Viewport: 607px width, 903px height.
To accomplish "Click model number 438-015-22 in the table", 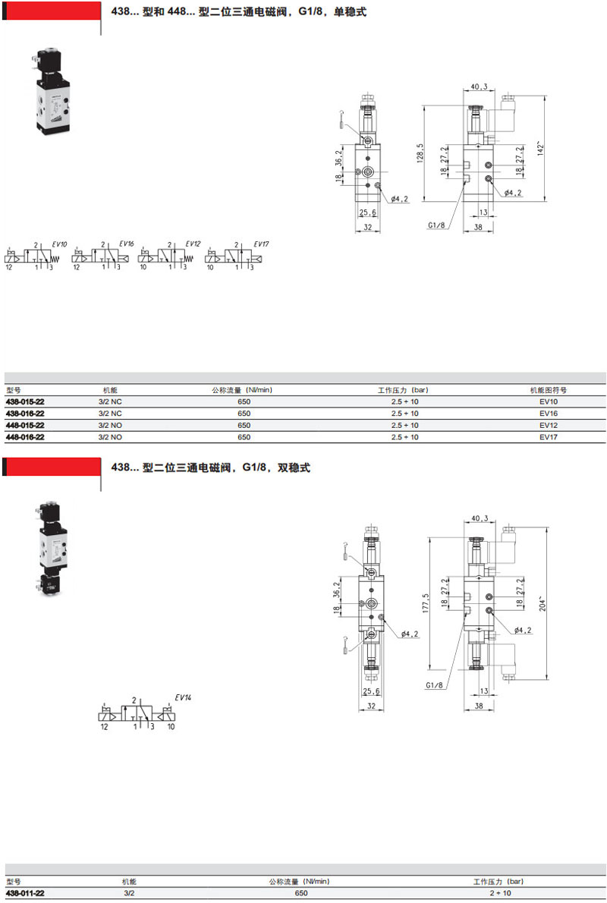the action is [25, 401].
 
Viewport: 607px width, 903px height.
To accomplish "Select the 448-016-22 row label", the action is [25, 437].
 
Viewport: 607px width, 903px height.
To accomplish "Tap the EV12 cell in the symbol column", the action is [549, 425].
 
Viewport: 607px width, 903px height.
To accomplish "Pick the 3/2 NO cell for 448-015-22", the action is [110, 425].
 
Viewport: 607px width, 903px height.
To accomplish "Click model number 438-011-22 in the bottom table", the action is [25, 893].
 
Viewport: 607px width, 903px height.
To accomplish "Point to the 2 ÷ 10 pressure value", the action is [499, 893].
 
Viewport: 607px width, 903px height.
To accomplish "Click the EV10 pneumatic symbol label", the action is [59, 244].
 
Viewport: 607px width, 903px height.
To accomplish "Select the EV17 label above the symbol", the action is [262, 244].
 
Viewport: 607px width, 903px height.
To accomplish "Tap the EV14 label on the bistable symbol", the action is [183, 697].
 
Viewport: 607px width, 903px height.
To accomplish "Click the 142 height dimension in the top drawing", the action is [541, 148].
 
